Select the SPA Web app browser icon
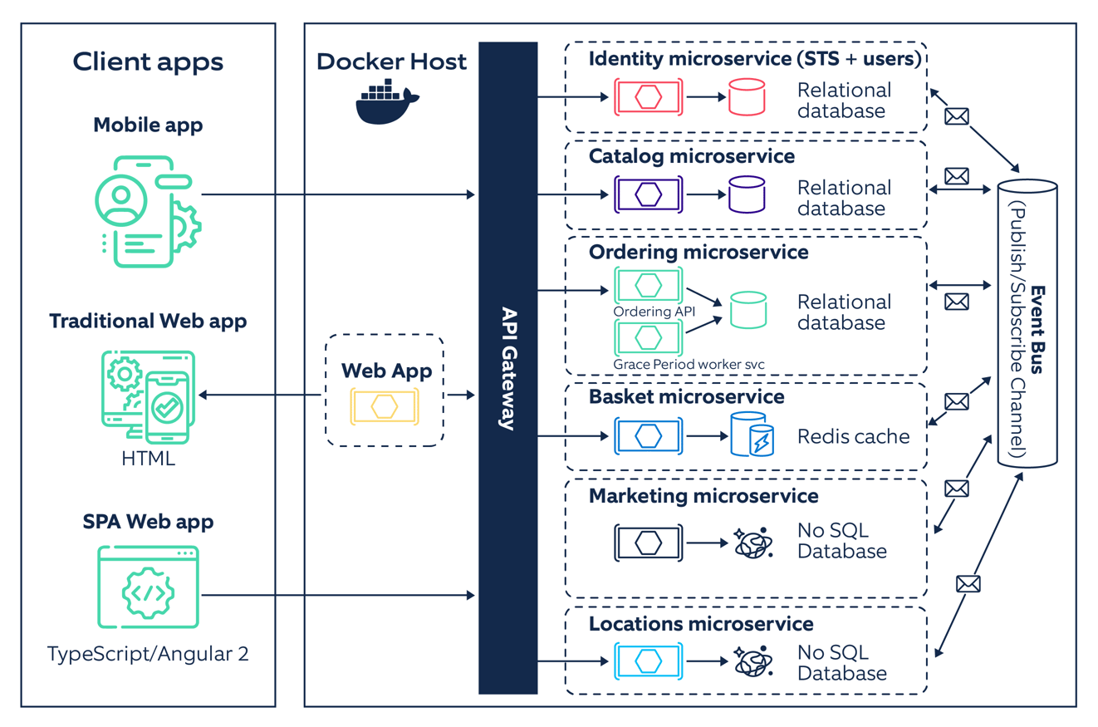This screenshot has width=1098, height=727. (x=148, y=587)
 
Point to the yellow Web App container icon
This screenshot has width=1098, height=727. (x=384, y=406)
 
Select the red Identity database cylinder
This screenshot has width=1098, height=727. (x=745, y=97)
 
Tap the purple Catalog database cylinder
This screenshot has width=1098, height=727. (x=745, y=194)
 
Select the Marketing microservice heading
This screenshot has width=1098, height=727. (x=703, y=496)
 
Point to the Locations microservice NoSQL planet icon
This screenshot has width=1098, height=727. (x=753, y=661)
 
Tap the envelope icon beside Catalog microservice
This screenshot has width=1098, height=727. (x=957, y=175)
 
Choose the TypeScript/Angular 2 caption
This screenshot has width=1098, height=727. (x=148, y=653)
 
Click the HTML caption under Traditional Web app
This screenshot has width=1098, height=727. (x=148, y=458)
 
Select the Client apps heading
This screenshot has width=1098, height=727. (x=148, y=61)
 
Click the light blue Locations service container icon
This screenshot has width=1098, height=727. (x=648, y=661)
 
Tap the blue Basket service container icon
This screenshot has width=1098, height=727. (x=648, y=435)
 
